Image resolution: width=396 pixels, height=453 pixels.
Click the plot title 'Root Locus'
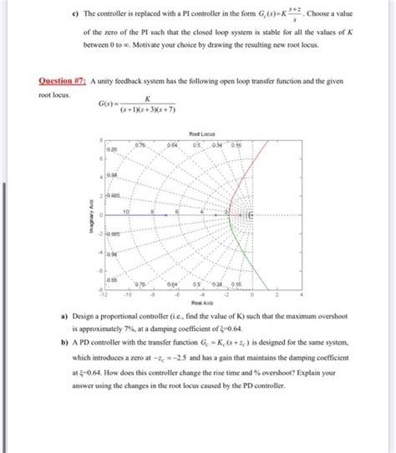coord(203,133)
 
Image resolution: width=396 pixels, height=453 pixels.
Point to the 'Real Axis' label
coord(203,303)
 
